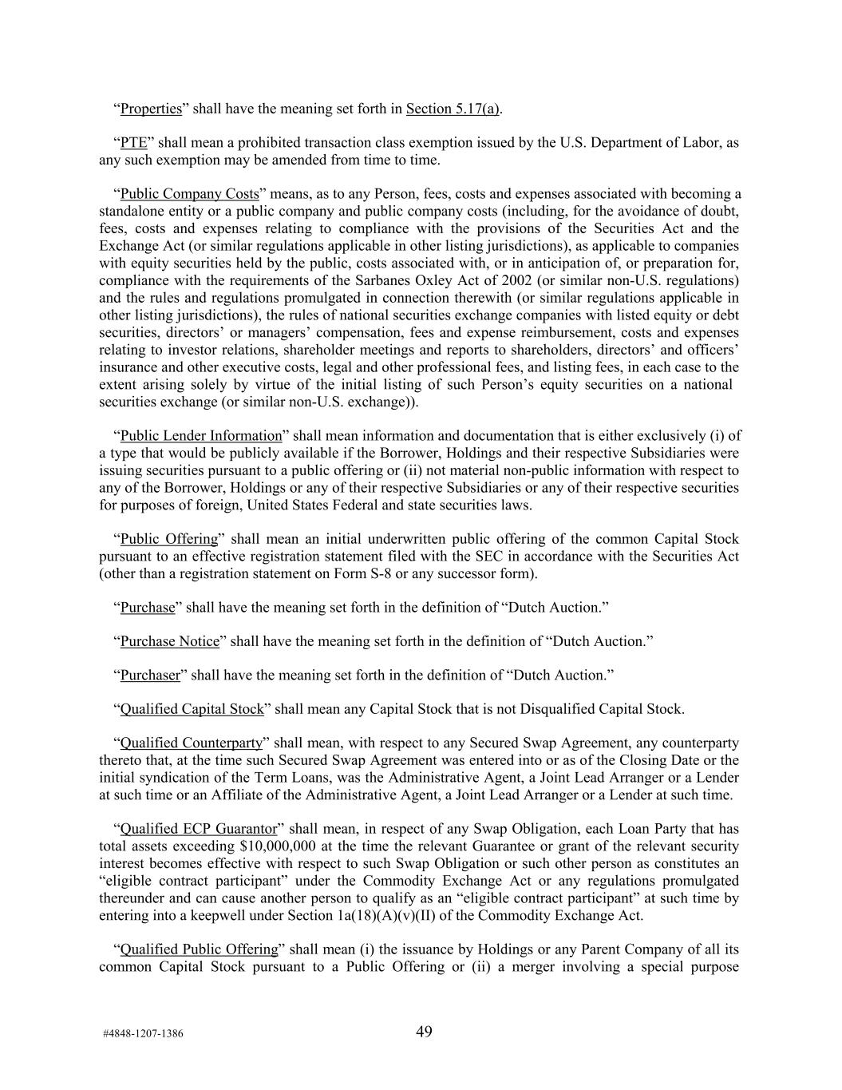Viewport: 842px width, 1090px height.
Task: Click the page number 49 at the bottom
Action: pos(424,1032)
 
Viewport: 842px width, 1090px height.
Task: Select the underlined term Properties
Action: pos(151,109)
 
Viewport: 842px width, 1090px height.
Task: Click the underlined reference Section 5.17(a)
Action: pos(453,109)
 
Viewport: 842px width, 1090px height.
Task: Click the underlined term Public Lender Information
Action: pos(201,435)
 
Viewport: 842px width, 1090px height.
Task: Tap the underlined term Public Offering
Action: pos(168,539)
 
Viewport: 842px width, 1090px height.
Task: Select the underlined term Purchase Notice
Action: pos(169,641)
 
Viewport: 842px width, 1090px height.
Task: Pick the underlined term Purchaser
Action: pos(150,675)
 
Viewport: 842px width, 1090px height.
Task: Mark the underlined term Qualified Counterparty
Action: pos(191,743)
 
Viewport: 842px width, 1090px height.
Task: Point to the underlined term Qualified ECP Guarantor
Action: pos(198,828)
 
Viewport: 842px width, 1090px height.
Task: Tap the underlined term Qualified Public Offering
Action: pos(198,949)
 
